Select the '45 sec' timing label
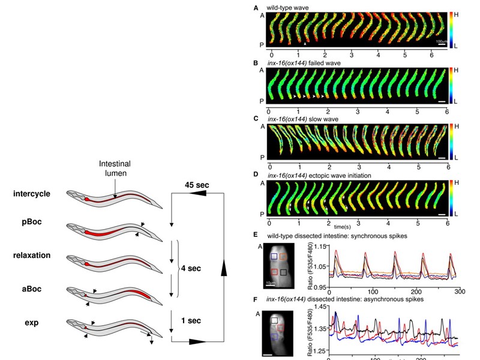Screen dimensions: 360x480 [196, 185]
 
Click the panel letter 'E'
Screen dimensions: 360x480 [256, 236]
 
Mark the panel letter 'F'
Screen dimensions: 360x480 [256, 297]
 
